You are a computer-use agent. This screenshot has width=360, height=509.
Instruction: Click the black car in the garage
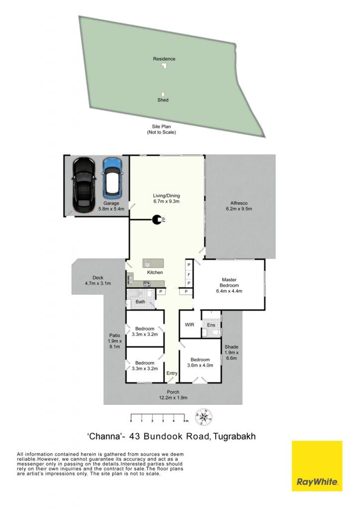[x=84, y=184]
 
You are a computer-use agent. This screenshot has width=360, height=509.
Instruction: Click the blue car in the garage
[x=112, y=178]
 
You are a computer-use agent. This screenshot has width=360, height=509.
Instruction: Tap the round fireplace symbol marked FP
[x=157, y=220]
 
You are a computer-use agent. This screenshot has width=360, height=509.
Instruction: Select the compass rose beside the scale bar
[x=203, y=417]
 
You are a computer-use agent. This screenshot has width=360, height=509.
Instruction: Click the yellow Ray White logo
[x=317, y=466]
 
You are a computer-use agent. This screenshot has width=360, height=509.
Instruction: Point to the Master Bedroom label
[x=229, y=282]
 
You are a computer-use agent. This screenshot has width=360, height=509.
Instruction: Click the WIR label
[x=189, y=324]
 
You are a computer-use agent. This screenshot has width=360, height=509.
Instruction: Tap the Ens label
[x=211, y=325]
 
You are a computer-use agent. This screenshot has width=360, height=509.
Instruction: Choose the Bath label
[x=140, y=302]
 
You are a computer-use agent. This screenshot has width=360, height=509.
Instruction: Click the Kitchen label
[x=155, y=272]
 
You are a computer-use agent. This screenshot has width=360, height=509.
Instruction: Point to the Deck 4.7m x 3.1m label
[x=98, y=280]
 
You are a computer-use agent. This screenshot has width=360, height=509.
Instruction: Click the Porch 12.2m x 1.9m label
[x=173, y=395]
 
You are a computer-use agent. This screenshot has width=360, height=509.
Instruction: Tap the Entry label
[x=172, y=373]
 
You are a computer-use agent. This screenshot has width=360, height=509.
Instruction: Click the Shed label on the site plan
[x=163, y=100]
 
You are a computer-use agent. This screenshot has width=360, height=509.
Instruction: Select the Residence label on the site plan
[x=164, y=59]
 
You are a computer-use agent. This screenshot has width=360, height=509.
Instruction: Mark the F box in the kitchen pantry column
[x=188, y=275]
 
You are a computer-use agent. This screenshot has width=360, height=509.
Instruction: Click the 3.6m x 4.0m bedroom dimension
[x=200, y=365]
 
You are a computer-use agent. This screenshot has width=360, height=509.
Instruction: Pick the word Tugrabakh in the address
[x=234, y=436]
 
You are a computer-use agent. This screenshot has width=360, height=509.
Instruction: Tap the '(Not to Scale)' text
[x=161, y=132]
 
